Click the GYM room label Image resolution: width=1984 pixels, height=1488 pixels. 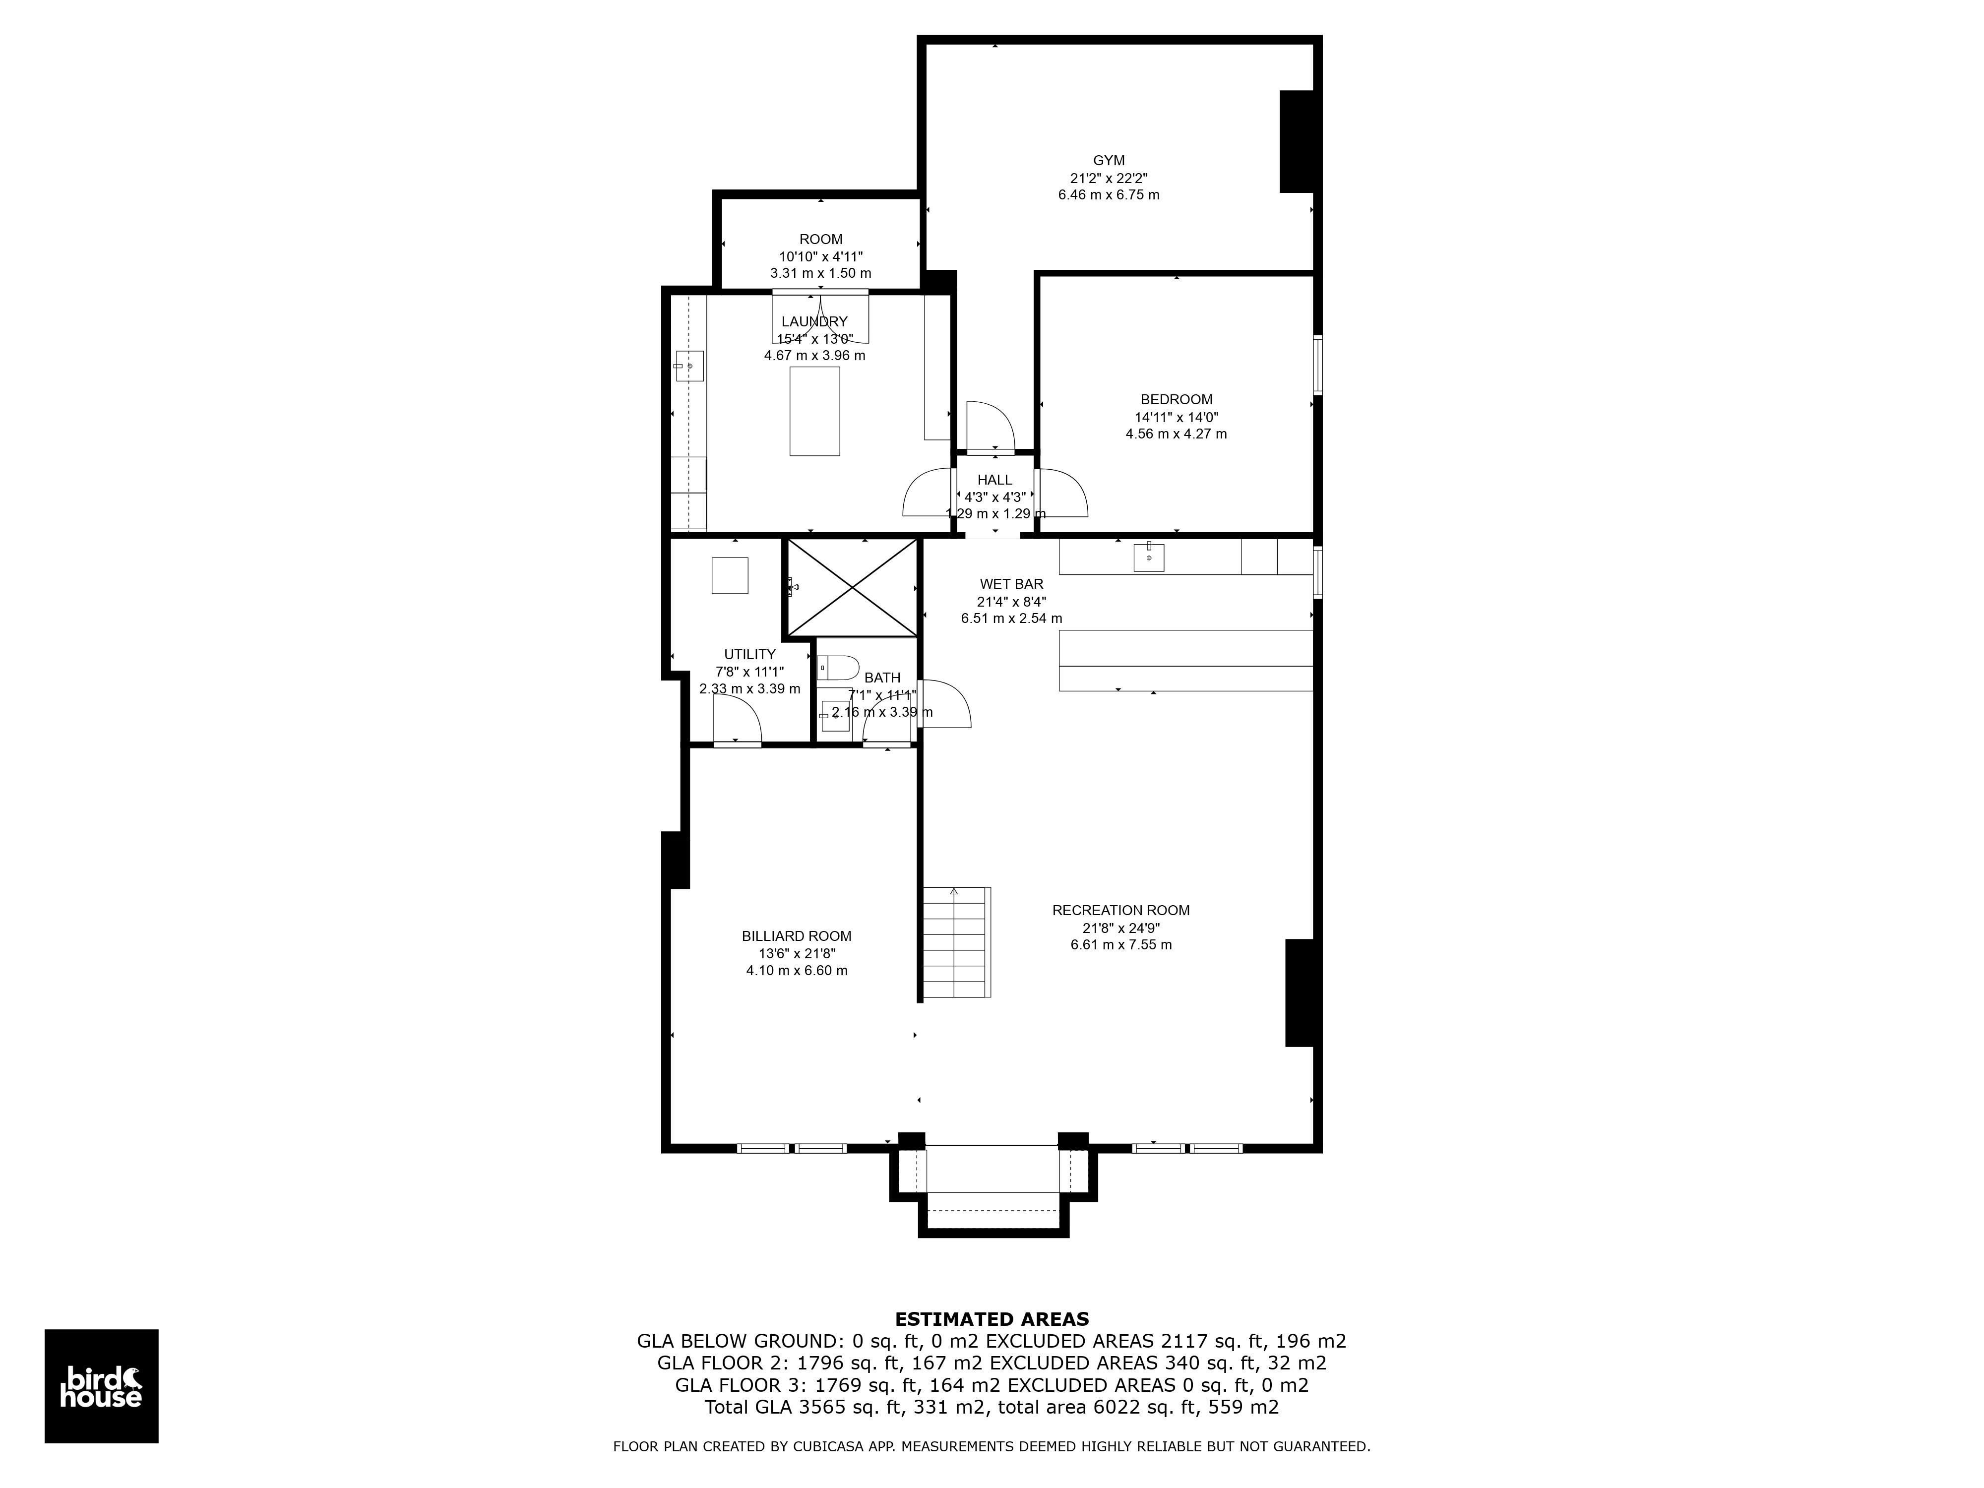coord(1109,161)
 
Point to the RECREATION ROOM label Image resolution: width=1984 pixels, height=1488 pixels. coord(1120,910)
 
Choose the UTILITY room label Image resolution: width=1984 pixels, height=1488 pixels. coord(750,655)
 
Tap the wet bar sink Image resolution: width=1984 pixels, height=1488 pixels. coord(1148,557)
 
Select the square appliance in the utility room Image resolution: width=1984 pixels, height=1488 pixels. coord(730,575)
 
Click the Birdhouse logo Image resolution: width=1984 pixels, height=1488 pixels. coord(101,1386)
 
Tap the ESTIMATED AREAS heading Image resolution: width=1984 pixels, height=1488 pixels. coord(992,1319)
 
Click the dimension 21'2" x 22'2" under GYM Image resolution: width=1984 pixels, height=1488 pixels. coord(1109,178)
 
